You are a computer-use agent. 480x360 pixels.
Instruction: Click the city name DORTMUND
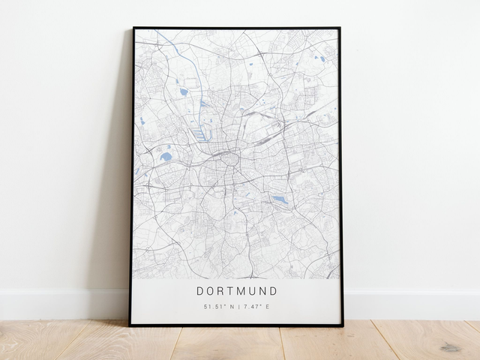click(x=236, y=291)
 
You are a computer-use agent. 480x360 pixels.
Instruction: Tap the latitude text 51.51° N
click(x=217, y=307)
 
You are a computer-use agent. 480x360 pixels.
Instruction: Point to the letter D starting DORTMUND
click(x=200, y=291)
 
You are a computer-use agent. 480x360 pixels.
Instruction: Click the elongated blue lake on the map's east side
click(x=280, y=199)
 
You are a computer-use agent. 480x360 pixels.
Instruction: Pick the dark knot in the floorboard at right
click(x=451, y=346)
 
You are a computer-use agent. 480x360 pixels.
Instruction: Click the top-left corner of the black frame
click(x=133, y=28)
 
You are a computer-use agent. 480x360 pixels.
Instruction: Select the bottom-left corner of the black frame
click(x=130, y=325)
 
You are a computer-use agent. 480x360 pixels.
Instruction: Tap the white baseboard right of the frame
click(x=412, y=304)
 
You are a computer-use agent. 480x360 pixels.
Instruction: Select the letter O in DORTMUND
click(x=210, y=291)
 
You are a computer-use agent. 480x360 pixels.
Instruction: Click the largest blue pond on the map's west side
click(x=166, y=156)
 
